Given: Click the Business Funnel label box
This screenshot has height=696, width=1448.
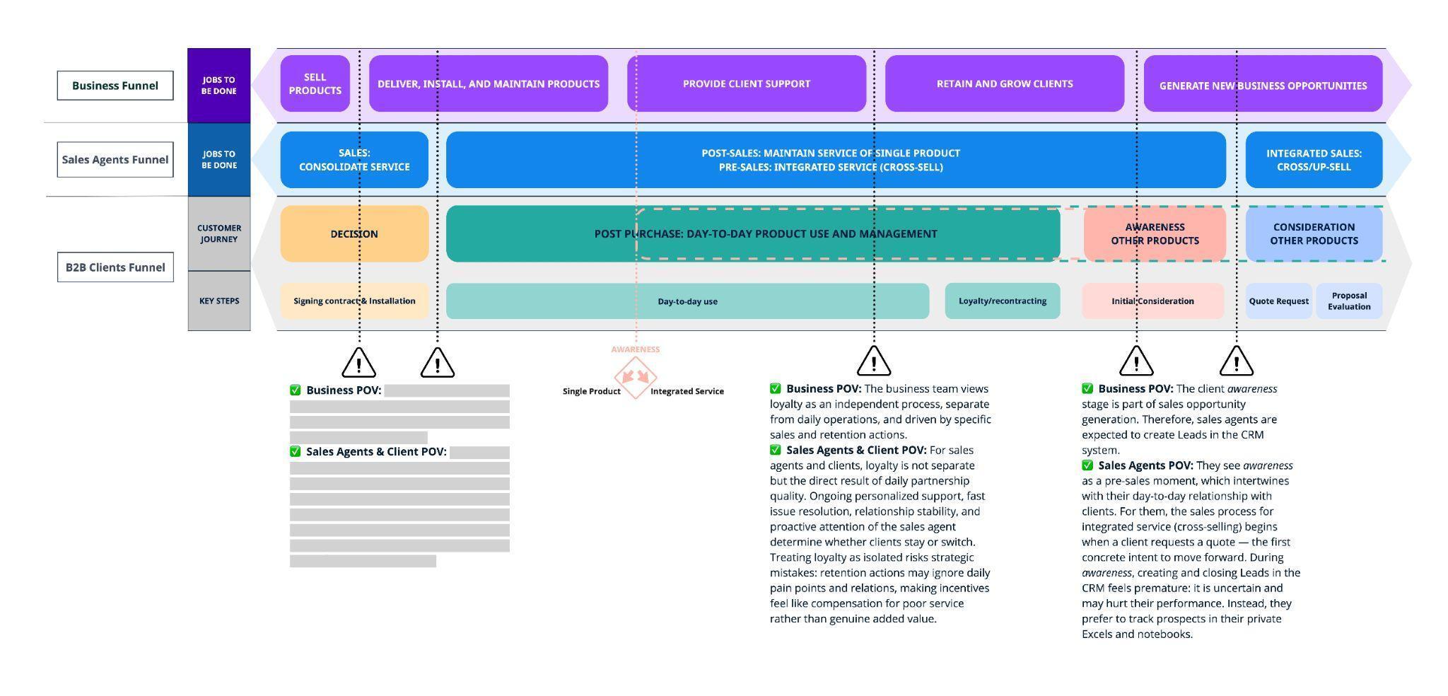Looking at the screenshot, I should (115, 86).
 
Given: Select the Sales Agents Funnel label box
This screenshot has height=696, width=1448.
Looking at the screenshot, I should (115, 160).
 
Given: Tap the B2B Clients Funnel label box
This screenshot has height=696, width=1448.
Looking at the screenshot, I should (115, 267).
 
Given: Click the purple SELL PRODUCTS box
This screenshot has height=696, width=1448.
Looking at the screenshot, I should (315, 83).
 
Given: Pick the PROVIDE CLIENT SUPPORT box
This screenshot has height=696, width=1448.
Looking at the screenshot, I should (746, 83).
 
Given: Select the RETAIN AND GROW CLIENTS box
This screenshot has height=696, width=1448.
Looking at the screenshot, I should (1004, 83).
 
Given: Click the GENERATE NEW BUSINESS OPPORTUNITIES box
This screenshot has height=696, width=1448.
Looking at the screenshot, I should (1263, 85).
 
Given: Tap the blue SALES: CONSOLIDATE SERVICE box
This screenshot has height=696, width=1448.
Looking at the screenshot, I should (354, 160).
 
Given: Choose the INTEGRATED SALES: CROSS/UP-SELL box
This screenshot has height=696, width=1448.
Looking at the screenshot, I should (1314, 160).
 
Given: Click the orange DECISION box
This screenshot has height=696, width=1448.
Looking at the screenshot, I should (354, 234).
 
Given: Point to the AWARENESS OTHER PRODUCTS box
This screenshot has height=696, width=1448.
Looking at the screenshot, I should (1155, 234).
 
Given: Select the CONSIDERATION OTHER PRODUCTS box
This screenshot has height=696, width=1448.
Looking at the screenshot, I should (1314, 234).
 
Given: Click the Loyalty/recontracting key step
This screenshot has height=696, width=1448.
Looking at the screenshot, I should (1002, 301).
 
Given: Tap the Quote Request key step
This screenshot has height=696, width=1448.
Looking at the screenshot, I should (1278, 301).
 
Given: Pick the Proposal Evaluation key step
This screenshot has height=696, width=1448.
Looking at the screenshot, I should (1349, 301).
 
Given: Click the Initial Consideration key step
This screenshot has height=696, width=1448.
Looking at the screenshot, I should (1152, 301).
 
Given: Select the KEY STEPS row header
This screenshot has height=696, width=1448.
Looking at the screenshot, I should (219, 301).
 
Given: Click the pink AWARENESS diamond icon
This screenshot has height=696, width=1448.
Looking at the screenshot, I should (635, 377).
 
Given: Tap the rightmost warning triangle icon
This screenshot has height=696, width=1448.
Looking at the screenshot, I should (1236, 362).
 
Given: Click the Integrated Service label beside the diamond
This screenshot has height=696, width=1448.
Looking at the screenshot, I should (687, 392).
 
